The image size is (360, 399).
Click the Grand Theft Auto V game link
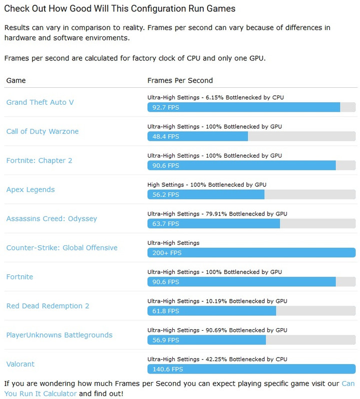tap(40, 102)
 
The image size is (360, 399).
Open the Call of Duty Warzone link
tap(42, 131)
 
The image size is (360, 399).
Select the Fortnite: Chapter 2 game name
tap(39, 161)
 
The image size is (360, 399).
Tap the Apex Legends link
tap(30, 190)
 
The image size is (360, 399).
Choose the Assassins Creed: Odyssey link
tap(51, 218)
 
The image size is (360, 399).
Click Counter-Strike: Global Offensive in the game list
tap(62, 248)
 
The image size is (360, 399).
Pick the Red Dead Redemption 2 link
tap(48, 306)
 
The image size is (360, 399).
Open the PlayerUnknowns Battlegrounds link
tap(59, 335)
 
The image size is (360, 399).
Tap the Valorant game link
tap(20, 364)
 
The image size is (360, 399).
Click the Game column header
tap(16, 80)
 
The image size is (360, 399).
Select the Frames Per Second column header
tap(180, 80)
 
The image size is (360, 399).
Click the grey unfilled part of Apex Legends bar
tap(310, 195)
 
